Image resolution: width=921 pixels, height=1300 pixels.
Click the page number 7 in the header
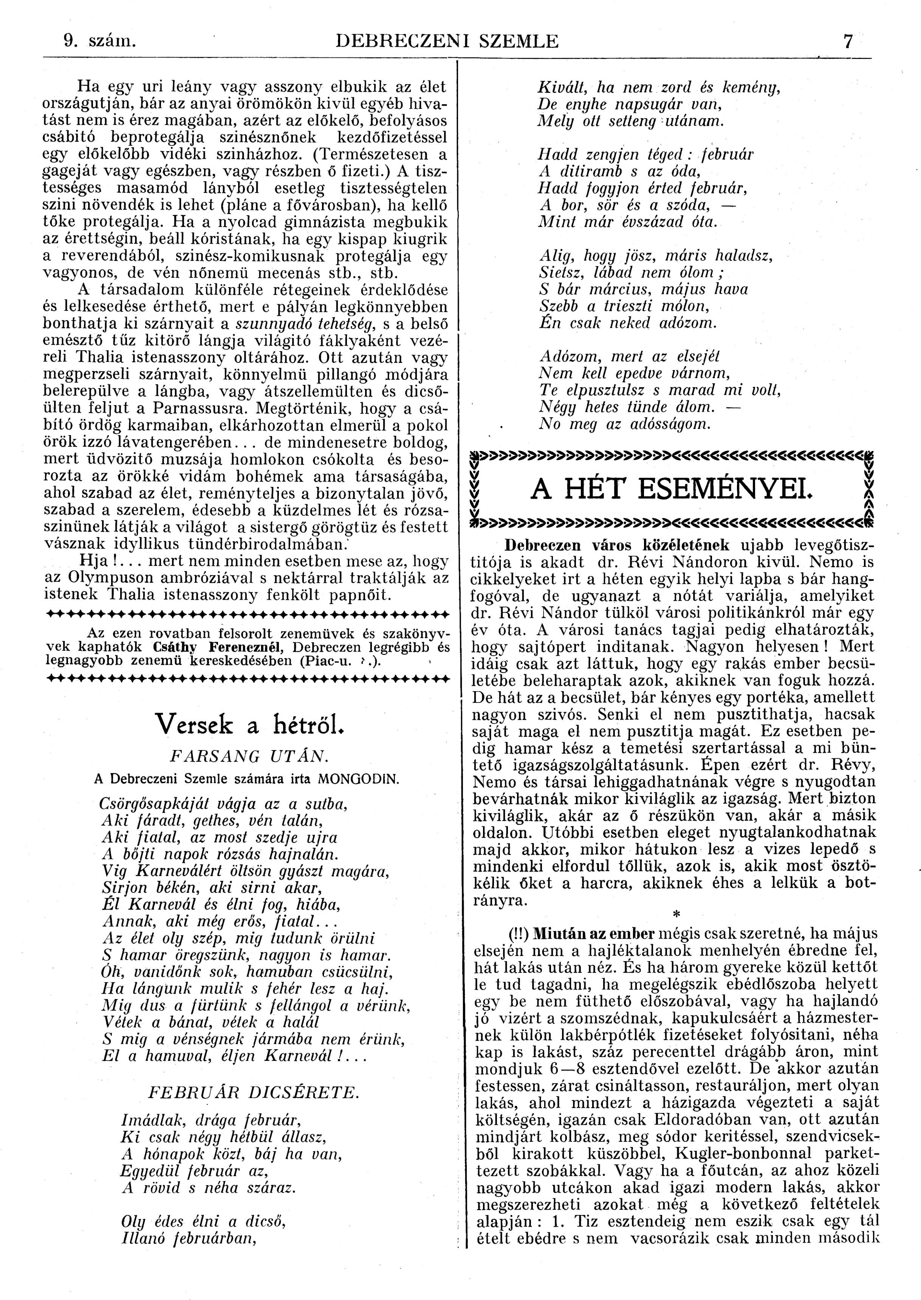pos(848,42)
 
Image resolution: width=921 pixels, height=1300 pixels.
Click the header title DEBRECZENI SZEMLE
pos(447,42)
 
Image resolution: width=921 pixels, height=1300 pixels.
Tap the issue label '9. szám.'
pos(101,42)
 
